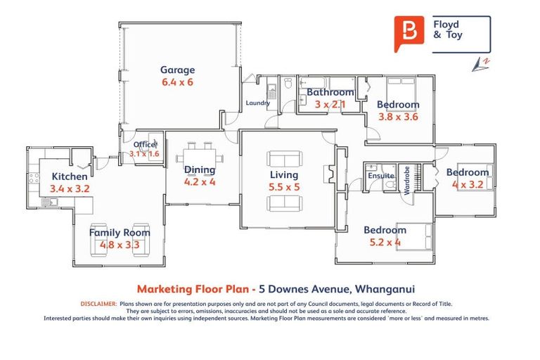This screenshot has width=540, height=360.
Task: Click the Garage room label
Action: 177,70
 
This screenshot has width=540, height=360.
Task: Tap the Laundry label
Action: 257,103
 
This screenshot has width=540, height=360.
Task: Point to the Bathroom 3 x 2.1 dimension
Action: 326,104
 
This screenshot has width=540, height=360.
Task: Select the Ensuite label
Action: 380,175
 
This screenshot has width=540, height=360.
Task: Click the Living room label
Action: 284,175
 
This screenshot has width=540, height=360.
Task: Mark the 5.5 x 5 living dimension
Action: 283,187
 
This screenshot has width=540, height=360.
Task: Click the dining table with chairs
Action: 198,154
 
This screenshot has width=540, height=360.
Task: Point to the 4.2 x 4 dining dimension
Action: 200,181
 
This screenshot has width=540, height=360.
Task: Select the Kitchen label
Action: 69,176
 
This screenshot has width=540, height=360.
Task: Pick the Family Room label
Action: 120,233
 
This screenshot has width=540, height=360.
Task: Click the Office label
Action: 144,145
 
